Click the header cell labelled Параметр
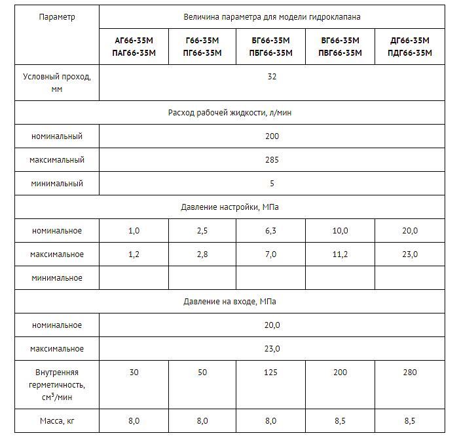(x=57, y=17)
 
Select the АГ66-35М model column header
(x=134, y=47)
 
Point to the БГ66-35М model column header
(x=271, y=47)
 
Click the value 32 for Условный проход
(x=272, y=77)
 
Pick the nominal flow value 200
(x=272, y=136)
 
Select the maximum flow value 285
(x=272, y=160)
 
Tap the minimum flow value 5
(x=272, y=184)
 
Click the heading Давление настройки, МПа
(x=230, y=207)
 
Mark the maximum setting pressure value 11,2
(x=340, y=254)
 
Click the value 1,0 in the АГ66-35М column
(x=134, y=231)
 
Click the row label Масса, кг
(x=57, y=420)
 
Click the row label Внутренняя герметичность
(x=57, y=384)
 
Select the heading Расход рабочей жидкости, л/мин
(x=230, y=113)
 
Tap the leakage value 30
(x=134, y=373)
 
